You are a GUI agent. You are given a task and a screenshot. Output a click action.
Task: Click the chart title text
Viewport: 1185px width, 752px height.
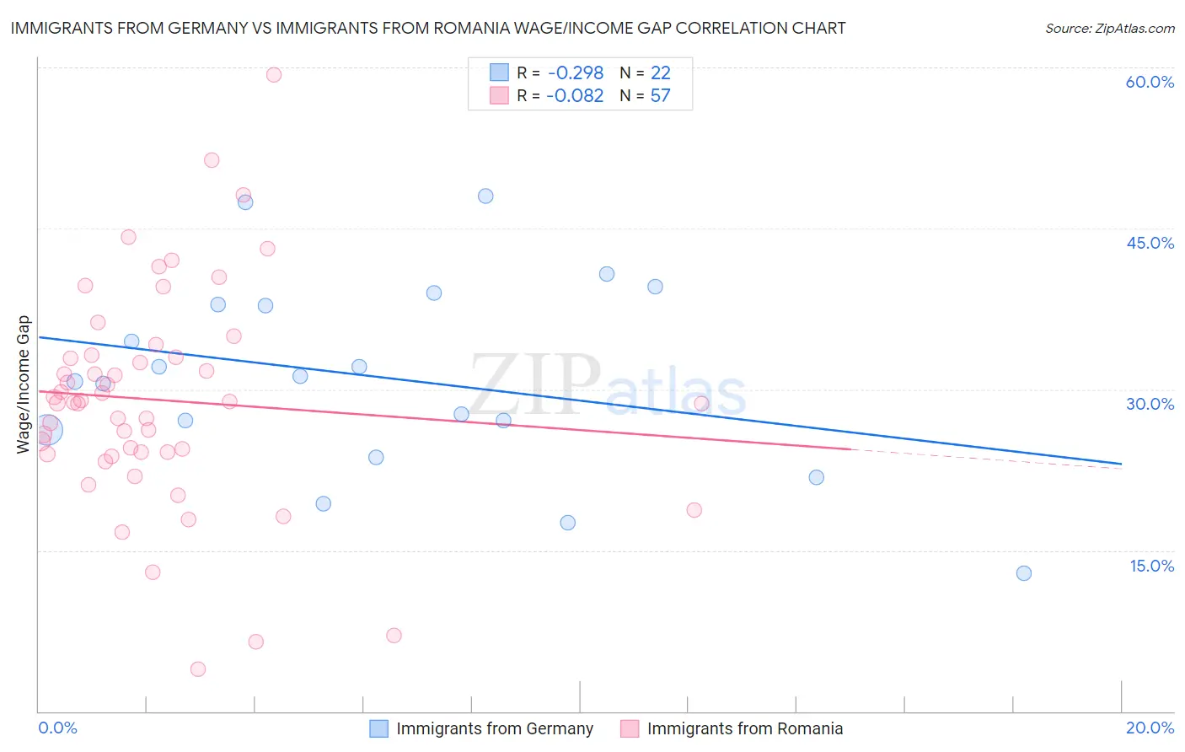[428, 28]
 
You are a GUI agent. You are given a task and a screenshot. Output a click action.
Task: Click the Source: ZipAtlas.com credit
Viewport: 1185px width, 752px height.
[1109, 28]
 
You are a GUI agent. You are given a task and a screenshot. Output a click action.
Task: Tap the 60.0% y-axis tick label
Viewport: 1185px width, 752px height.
[1150, 82]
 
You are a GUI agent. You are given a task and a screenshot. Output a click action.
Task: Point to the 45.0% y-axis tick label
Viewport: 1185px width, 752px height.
[1150, 243]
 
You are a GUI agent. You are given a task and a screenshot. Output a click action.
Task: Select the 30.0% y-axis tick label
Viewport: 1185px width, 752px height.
[1150, 404]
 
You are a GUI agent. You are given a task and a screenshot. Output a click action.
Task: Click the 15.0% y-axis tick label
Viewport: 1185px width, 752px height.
[1151, 566]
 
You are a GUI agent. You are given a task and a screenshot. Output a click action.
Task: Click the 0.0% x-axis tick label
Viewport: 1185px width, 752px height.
[57, 728]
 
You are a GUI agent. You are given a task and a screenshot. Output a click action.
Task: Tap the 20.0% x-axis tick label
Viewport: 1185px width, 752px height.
[1150, 728]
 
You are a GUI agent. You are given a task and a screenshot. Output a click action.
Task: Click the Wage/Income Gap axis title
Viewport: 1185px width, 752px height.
[24, 384]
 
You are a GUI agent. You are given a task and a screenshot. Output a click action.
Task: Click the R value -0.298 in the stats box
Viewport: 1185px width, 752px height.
[575, 73]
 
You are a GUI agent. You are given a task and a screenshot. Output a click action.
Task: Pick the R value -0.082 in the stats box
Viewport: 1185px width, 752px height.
[575, 96]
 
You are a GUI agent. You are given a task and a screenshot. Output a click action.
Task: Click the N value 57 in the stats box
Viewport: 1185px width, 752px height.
[660, 96]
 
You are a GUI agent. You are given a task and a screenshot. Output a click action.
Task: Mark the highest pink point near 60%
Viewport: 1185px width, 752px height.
[273, 75]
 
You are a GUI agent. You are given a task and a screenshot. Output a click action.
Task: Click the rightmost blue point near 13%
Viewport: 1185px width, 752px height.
[1024, 573]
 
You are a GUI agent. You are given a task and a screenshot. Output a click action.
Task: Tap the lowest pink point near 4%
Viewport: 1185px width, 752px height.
[198, 669]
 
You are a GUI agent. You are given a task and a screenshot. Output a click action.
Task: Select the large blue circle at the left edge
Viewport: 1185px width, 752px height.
[47, 430]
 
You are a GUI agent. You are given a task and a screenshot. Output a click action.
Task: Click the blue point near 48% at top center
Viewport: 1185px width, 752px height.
[485, 196]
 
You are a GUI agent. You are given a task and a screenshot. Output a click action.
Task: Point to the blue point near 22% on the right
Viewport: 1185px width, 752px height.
[816, 477]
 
